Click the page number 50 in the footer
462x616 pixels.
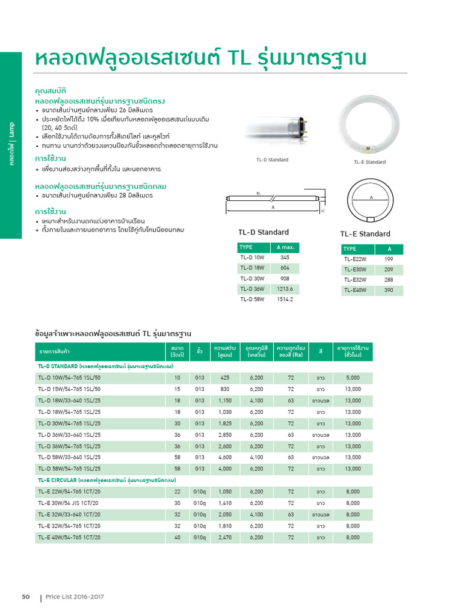pyautogui.click(x=26, y=597)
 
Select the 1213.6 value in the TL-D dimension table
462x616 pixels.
pyautogui.click(x=285, y=289)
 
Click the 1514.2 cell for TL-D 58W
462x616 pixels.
pyautogui.click(x=285, y=299)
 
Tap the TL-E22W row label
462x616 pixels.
pyautogui.click(x=355, y=259)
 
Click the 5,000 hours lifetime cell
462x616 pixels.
pyautogui.click(x=353, y=378)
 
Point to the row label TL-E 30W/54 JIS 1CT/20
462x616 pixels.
pyautogui.click(x=69, y=503)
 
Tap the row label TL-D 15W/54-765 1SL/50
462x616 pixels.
pyautogui.click(x=69, y=389)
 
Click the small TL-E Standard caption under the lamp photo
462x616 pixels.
pyautogui.click(x=370, y=162)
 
